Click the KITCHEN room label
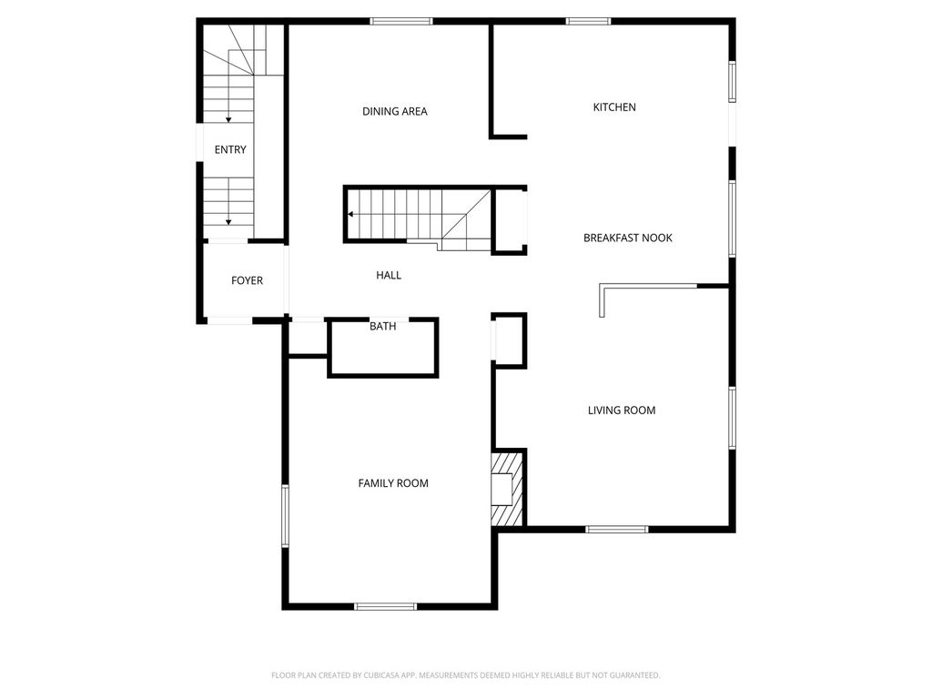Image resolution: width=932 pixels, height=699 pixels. pos(614,107)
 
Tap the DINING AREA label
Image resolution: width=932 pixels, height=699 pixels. pos(395,111)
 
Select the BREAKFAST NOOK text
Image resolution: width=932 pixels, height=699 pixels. pos(628,238)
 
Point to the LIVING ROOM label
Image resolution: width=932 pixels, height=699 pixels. pos(622,410)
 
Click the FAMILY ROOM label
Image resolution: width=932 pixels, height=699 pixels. pos(393,483)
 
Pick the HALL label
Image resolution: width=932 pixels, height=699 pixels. pos(389,275)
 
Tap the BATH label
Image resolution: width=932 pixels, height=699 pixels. pos(383,327)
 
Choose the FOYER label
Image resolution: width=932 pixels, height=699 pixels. pos(247,280)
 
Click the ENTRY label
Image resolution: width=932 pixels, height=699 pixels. pos(230,150)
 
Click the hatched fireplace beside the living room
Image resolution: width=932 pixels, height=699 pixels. pos(507,488)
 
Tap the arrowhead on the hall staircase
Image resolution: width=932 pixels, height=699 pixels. pos(351,214)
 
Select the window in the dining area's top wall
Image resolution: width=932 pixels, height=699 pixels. pos(401,22)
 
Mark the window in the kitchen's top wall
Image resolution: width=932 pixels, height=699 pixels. pos(588,22)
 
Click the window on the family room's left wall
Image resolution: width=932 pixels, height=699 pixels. pos(285,516)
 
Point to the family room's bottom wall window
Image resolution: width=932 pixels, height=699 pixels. pos(385,606)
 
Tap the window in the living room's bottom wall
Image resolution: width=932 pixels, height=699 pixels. pos(617,529)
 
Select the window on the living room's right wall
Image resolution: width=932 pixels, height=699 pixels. pos(733,418)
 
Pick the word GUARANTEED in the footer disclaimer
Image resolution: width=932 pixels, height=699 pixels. pos(635,675)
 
